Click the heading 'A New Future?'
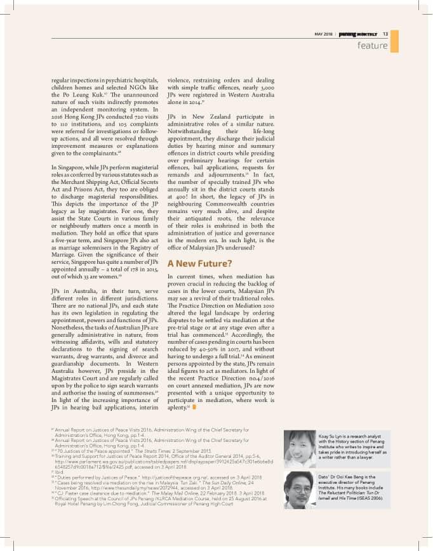pyautogui.click(x=199, y=263)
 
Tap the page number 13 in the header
pyautogui.click(x=385, y=34)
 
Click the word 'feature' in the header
pyautogui.click(x=372, y=46)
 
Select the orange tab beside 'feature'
pyautogui.click(x=394, y=42)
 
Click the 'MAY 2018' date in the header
pyautogui.click(x=324, y=34)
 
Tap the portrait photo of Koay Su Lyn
pyautogui.click(x=300, y=449)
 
